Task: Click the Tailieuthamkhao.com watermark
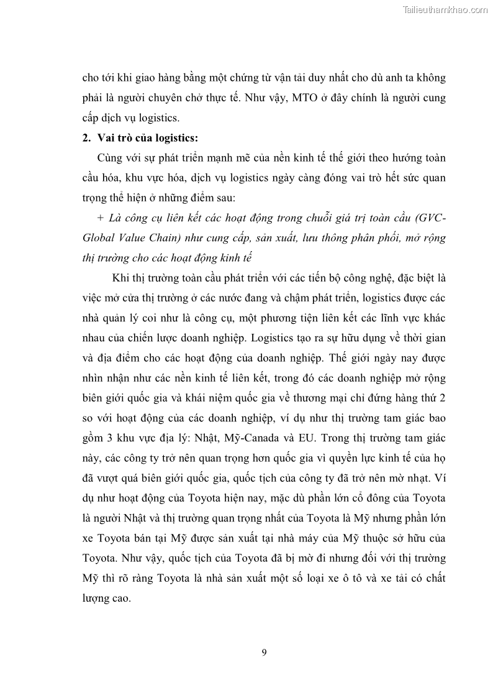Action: [445, 10]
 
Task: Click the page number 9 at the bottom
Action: [265, 652]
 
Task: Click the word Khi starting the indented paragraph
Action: [120, 278]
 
